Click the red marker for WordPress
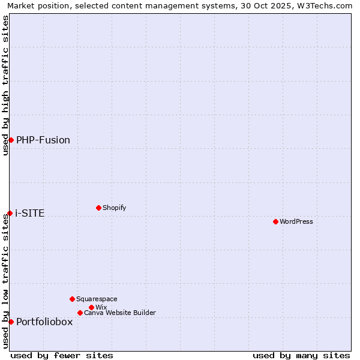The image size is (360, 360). (275, 221)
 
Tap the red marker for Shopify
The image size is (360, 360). (98, 208)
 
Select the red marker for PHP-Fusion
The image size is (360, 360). (11, 140)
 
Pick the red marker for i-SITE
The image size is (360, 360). (10, 213)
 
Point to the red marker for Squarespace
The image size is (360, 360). (72, 299)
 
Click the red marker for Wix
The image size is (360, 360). (91, 307)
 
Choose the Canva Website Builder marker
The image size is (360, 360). (80, 313)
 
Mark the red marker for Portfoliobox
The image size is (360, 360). (11, 322)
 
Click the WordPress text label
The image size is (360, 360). (296, 221)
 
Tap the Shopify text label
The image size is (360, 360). (115, 208)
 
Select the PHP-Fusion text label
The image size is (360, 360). (43, 140)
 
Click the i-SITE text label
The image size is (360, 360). (30, 213)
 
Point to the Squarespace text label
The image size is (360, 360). (97, 299)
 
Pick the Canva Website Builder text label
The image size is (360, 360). (120, 313)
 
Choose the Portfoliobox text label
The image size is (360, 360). (44, 322)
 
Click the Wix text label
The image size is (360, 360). (101, 307)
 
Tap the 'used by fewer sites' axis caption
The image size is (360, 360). (62, 355)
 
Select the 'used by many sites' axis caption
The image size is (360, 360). (301, 355)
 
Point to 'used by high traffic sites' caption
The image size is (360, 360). (5, 85)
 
